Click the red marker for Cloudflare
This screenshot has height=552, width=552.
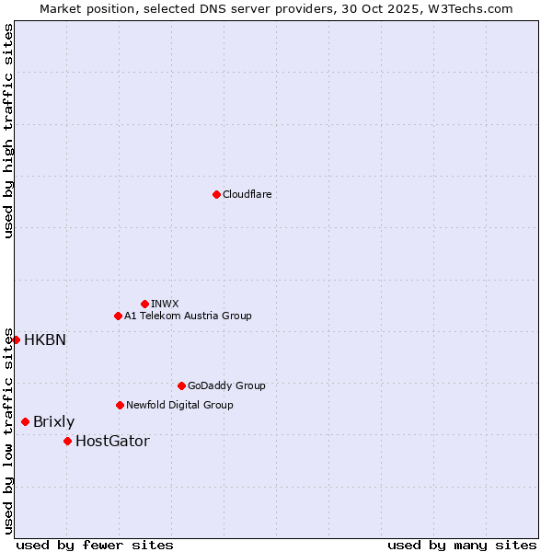[x=216, y=194]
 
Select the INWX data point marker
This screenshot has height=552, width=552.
[x=144, y=304]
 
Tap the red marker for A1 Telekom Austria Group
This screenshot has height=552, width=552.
[x=118, y=316]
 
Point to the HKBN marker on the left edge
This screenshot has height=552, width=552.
[x=16, y=339]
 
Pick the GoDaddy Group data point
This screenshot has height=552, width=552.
[x=181, y=385]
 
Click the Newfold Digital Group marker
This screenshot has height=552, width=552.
[x=120, y=405]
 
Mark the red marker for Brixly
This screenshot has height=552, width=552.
[x=25, y=421]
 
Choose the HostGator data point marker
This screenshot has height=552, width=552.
[x=67, y=441]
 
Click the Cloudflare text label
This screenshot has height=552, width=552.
[x=247, y=194]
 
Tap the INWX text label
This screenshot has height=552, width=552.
[x=165, y=304]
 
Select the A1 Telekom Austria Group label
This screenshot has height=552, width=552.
[x=188, y=316]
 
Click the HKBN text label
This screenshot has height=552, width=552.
[x=45, y=339]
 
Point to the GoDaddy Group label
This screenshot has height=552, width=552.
[x=226, y=385]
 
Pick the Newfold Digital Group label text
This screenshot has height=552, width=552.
[x=179, y=405]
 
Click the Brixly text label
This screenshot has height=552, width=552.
[x=53, y=422]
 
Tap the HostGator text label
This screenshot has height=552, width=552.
[x=112, y=442]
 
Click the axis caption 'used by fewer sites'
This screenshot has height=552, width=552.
[x=95, y=545]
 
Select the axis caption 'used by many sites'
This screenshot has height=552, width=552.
[x=462, y=545]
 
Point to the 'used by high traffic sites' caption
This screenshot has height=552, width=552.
[x=9, y=131]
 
